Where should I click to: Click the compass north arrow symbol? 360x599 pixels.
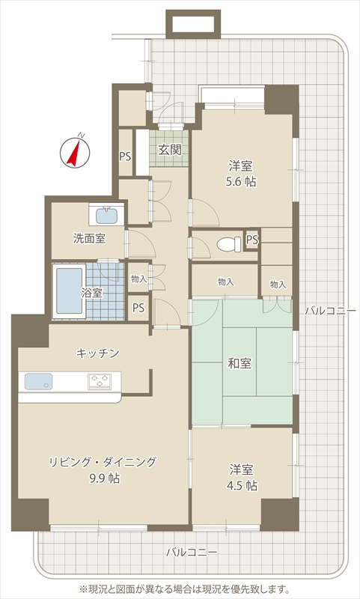click(75, 152)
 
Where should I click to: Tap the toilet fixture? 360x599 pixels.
click(229, 244)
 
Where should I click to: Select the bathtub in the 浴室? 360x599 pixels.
click(69, 291)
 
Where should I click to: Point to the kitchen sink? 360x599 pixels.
click(39, 381)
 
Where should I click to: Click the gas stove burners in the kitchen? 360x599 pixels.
click(100, 381)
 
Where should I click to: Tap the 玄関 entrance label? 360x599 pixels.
click(169, 150)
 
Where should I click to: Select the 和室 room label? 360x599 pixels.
click(240, 363)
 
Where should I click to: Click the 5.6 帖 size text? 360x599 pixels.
click(240, 181)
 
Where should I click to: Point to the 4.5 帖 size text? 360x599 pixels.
click(242, 485)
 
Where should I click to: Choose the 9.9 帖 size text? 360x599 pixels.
click(104, 478)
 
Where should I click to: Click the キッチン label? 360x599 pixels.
click(98, 353)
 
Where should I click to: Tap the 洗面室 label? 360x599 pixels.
click(89, 239)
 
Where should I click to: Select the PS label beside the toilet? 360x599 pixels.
click(252, 240)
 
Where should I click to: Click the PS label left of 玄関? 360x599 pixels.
click(125, 156)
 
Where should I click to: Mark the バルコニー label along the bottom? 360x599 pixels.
click(192, 552)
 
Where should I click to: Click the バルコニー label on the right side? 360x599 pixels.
click(330, 311)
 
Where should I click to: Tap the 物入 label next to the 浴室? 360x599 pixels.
click(138, 279)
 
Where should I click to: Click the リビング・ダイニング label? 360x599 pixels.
click(103, 462)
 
